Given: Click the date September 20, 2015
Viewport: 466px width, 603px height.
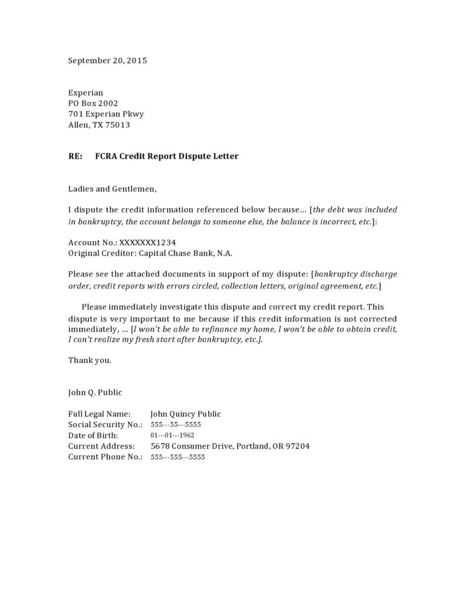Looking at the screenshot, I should coord(107,60).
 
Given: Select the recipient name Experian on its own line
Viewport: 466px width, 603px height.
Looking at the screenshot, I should coord(86,93).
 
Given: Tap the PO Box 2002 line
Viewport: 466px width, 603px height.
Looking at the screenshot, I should coord(93,103).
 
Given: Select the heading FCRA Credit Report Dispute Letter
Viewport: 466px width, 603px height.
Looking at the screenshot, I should coord(167,156).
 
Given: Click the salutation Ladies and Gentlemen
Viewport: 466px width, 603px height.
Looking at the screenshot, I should coord(112,189).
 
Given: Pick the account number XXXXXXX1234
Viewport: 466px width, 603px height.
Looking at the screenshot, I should coord(147,242).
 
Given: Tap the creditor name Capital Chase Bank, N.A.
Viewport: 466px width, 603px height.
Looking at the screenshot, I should coord(185,253).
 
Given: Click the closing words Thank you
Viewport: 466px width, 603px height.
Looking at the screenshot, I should coord(90,360).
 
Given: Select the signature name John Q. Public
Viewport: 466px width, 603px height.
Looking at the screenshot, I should coord(95,392).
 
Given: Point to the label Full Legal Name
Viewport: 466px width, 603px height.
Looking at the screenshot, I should coord(99,414).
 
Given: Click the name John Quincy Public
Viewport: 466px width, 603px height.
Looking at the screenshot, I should coord(186,414).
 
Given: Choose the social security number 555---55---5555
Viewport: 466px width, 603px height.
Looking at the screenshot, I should coord(176,425).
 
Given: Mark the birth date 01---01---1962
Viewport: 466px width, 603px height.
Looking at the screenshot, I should coord(172,435).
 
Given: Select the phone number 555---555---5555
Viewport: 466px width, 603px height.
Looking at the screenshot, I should coord(178,457).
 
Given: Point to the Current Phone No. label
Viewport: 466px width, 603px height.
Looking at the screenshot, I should coord(105,457).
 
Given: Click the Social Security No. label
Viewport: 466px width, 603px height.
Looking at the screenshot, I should coord(105,425).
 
